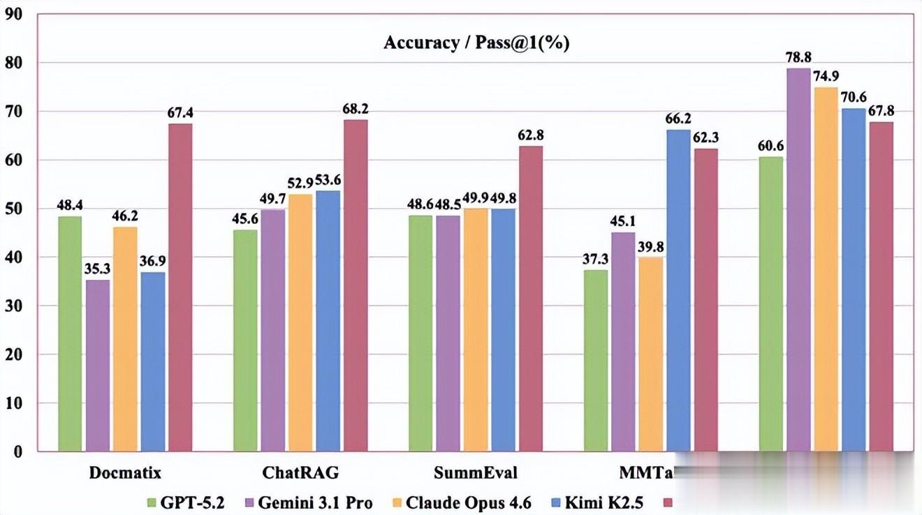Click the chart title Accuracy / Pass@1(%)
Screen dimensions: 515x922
click(477, 43)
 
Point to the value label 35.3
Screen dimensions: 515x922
click(97, 268)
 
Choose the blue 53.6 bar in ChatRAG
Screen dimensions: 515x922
click(328, 321)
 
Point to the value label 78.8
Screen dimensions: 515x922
click(798, 57)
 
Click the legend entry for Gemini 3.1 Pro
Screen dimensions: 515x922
click(308, 502)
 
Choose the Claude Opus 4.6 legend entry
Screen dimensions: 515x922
click(462, 502)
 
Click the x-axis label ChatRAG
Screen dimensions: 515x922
click(300, 473)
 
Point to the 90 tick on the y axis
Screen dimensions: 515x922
click(13, 14)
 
